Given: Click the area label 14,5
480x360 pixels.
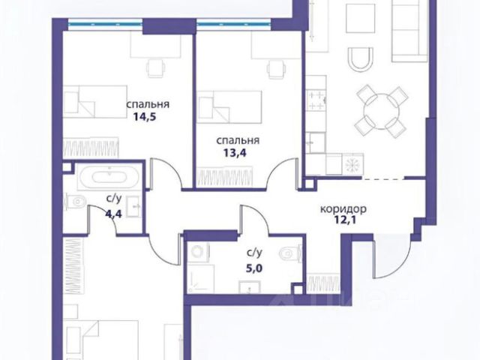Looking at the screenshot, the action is (x=145, y=117).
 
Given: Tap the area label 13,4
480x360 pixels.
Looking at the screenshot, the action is (x=235, y=153).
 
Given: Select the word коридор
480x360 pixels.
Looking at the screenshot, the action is (x=343, y=209).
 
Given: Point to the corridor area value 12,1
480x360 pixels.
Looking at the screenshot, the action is (x=343, y=220).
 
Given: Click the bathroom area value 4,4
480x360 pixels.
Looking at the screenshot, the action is (x=113, y=214).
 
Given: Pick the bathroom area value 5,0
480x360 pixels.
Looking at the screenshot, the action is (x=254, y=268).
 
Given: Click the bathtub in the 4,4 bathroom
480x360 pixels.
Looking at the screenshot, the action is (x=109, y=177).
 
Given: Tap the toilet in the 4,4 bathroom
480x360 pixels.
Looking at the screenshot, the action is (x=75, y=202).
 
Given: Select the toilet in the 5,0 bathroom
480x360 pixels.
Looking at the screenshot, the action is (x=290, y=253).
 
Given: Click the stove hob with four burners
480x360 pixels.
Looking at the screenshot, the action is (x=316, y=100).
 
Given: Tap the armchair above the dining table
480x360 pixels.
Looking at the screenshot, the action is (x=361, y=59).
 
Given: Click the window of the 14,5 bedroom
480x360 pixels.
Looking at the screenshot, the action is (x=105, y=25).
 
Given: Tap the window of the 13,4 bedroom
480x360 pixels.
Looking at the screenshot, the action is (x=233, y=25).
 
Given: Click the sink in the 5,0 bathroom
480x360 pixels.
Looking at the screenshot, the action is (x=250, y=287).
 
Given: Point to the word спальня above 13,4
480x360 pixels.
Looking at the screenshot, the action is (x=238, y=140).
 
